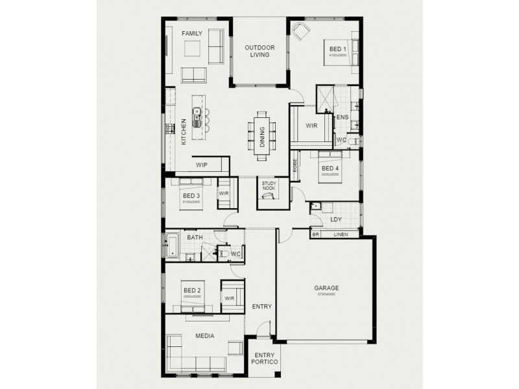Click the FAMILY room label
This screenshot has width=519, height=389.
(192, 33)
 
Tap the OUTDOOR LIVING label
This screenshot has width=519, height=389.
(259, 51)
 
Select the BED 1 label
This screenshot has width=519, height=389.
(338, 49)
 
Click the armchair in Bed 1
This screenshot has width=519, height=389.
(300, 31)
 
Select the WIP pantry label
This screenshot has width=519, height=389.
(202, 165)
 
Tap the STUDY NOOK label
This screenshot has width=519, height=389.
(269, 186)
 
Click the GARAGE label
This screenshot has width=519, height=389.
(326, 288)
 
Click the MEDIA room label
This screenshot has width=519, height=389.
(205, 336)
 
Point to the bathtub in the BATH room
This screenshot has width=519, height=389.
(173, 245)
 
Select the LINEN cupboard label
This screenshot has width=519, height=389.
(341, 234)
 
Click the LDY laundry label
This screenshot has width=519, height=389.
(336, 219)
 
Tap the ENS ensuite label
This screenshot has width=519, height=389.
(343, 117)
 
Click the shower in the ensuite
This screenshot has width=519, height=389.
(324, 99)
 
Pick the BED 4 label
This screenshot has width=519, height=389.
(330, 168)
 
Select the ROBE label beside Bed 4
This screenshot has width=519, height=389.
(295, 167)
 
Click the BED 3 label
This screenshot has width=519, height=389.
(191, 195)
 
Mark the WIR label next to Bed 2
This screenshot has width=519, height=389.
(229, 298)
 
